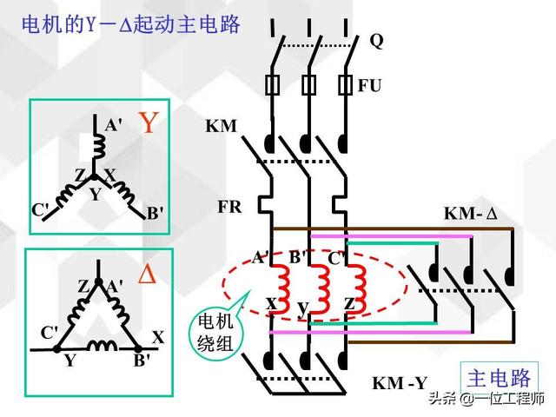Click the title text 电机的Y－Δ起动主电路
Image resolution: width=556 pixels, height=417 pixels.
pos(130,24)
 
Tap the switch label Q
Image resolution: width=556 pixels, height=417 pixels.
pos(376,40)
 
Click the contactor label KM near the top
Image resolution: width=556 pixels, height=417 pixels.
pos(222,127)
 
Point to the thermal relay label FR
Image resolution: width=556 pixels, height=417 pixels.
pos(229,208)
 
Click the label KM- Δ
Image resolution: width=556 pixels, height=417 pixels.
pos(469,213)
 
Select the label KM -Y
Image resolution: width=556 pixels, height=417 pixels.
pos(399,383)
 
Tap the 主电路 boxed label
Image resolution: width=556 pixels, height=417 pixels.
pos(499,379)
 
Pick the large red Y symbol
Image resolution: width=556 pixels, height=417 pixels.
pos(149,122)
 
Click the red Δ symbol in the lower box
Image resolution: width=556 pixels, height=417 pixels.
pos(148,275)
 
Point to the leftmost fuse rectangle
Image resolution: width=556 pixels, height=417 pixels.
pos(275,85)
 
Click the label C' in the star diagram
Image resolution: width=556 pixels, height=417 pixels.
pos(41,209)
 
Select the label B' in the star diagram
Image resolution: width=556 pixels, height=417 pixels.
pos(154,213)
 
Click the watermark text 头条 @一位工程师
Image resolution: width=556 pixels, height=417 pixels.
pos(490,399)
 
